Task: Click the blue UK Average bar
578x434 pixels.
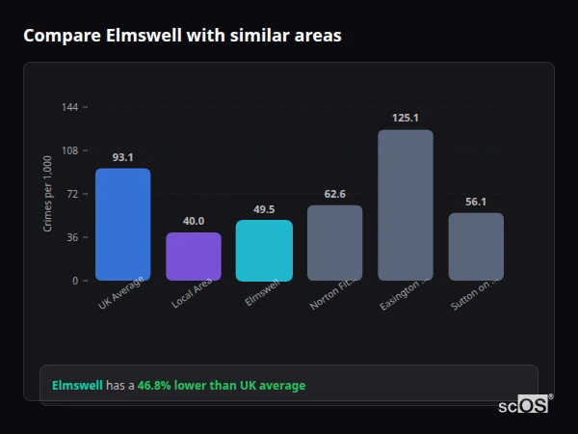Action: (122, 225)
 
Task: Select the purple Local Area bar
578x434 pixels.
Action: (194, 257)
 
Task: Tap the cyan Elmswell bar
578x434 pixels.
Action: (264, 251)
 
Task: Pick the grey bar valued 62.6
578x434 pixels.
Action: (334, 243)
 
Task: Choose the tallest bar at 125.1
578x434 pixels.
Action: (405, 205)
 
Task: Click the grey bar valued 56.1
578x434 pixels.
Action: (476, 247)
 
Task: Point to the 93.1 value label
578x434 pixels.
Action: (122, 157)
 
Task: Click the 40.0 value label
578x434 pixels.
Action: (194, 221)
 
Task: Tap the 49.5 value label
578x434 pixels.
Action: (264, 209)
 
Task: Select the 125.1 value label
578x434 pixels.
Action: (405, 118)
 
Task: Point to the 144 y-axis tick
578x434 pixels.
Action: (70, 107)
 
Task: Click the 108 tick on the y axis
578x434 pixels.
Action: (70, 150)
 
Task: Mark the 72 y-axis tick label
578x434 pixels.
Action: (73, 194)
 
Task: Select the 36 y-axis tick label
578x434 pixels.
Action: (73, 237)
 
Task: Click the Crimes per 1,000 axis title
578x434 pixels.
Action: (48, 194)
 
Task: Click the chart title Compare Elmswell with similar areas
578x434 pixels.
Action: (182, 36)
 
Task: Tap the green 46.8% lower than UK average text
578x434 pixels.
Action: (221, 386)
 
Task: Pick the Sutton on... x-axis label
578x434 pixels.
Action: (473, 295)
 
